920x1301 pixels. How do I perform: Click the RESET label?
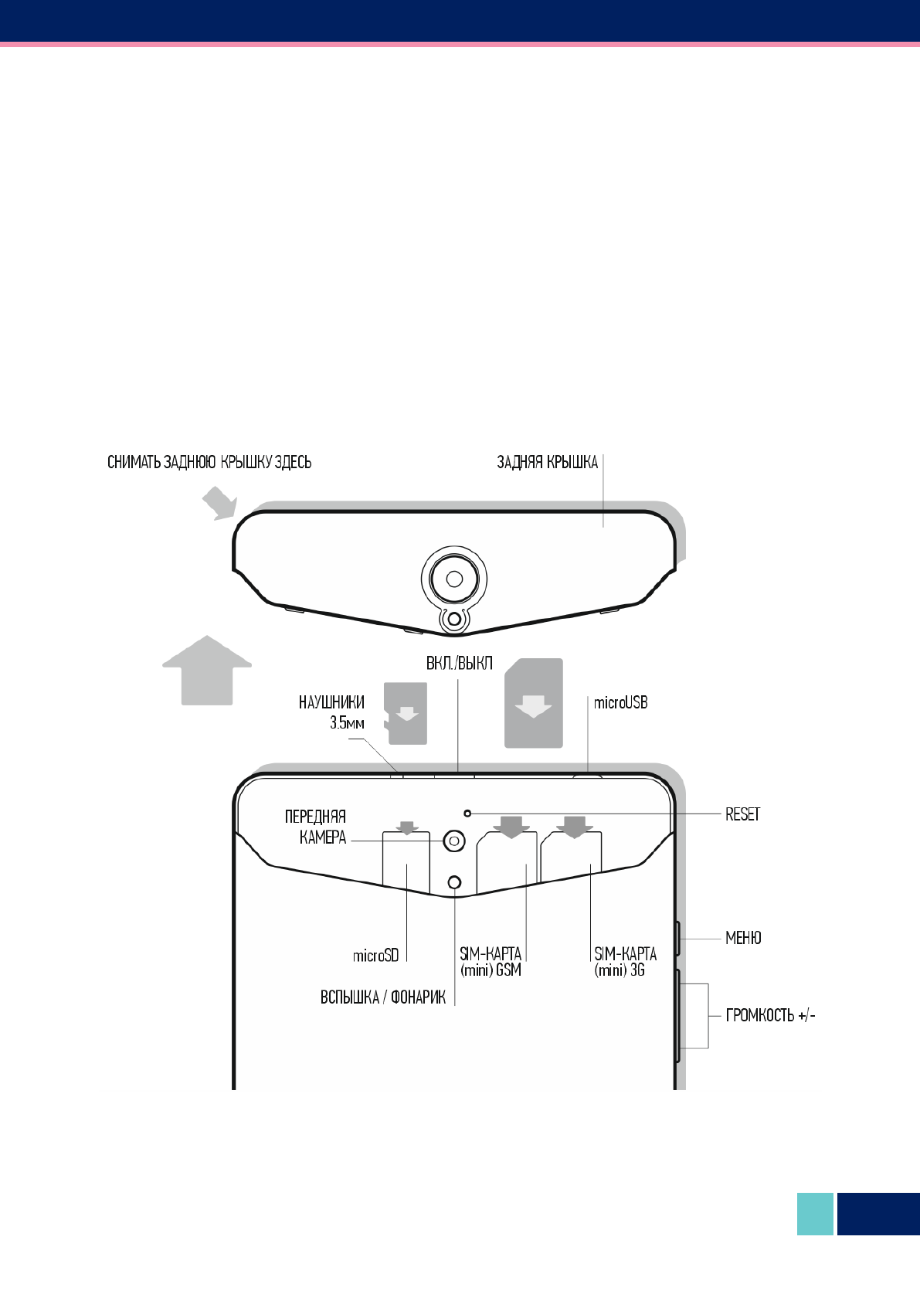742,814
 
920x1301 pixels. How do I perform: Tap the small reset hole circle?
467,814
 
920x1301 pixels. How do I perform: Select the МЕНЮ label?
743,938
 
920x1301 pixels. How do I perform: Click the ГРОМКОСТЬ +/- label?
770,1015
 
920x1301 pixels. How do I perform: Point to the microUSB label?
620,703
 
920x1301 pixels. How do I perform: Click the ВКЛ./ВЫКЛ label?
460,664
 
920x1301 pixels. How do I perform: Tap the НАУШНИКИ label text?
331,703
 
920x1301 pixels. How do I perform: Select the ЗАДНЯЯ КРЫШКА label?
547,463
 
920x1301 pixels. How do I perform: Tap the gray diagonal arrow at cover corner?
219,504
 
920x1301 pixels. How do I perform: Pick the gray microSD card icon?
406,714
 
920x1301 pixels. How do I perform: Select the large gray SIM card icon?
533,703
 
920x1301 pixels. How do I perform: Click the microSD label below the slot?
375,956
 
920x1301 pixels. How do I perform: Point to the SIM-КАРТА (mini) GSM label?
491,962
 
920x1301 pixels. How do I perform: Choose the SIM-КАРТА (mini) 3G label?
625,962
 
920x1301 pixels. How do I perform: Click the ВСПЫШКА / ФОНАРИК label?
383,997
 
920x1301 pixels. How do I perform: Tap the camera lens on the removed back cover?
454,579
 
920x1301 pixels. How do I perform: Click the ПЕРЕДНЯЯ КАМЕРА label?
316,827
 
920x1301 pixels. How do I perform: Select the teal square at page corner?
815,1214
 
